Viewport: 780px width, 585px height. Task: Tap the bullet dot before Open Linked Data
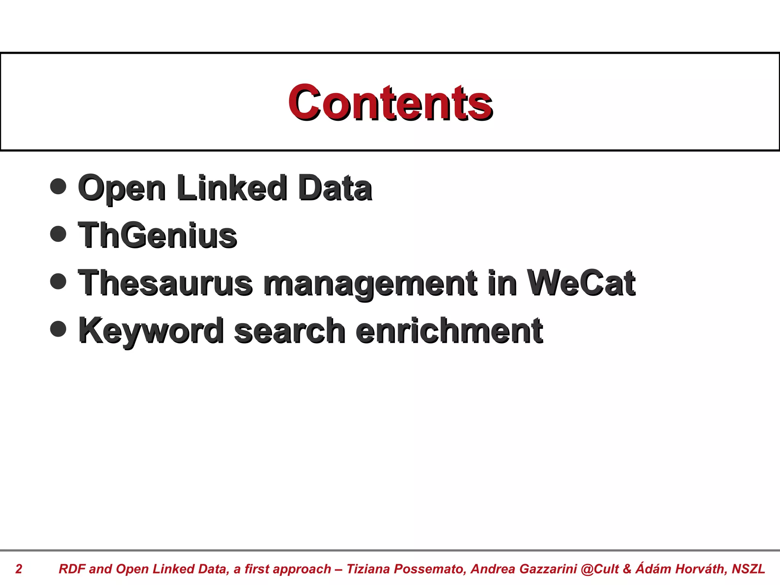tap(58, 186)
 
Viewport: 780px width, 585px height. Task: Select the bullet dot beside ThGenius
tap(58, 234)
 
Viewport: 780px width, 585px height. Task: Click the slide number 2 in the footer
tap(19, 569)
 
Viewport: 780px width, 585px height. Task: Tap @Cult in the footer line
tap(600, 569)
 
